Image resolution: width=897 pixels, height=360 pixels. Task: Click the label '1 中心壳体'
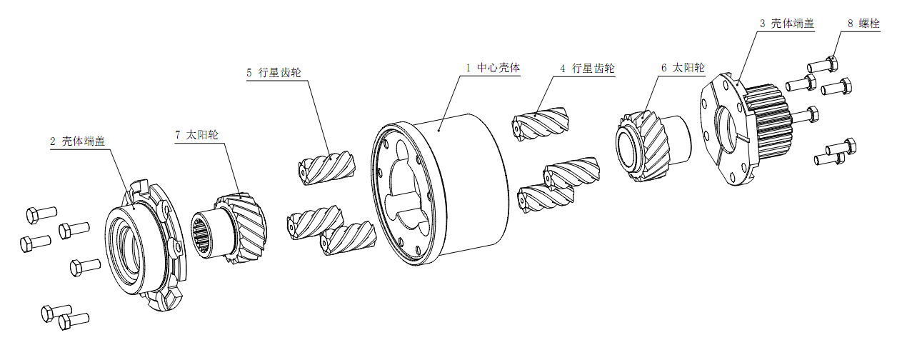493,68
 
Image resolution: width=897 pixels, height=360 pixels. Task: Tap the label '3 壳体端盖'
786,23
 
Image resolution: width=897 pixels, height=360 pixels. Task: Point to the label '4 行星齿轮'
587,69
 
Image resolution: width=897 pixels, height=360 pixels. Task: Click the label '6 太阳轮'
682,68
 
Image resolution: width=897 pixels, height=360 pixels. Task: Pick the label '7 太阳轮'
196,134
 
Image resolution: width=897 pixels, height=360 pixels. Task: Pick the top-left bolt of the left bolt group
39,214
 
